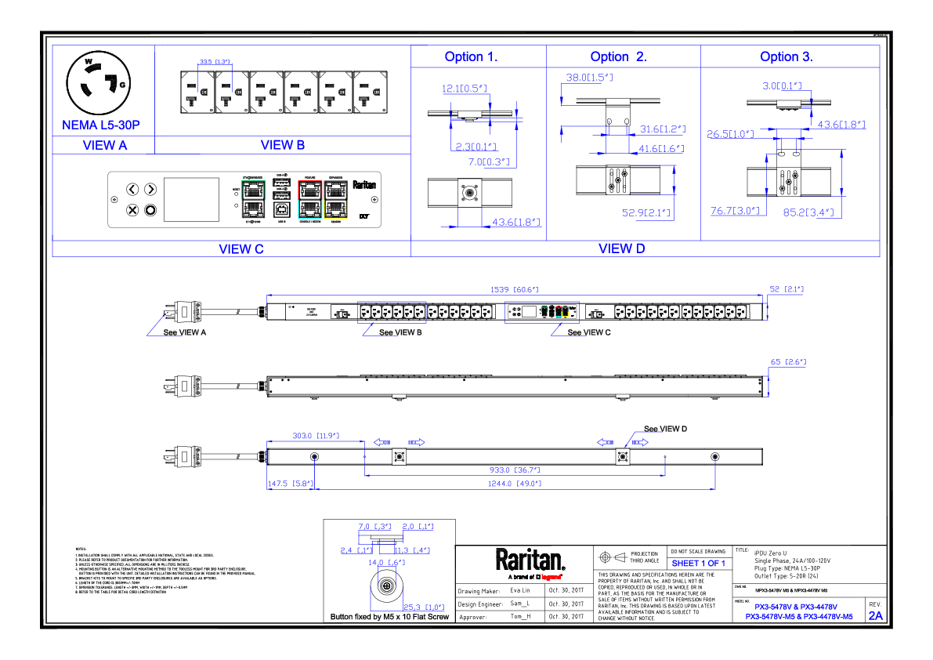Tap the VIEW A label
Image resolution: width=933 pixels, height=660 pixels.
104,145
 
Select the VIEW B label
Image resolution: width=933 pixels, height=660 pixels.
282,145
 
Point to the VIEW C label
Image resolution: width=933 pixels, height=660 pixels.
241,249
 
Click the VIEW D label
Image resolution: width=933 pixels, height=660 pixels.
621,248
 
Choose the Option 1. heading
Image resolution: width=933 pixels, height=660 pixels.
471,56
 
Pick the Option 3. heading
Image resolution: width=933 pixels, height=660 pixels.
787,56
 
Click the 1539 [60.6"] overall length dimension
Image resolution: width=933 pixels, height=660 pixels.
513,290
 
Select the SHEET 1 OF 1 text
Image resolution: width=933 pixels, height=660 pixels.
698,564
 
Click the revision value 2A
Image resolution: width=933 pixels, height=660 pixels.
875,616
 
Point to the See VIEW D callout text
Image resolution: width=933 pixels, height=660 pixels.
665,429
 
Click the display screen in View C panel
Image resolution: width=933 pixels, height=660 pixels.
191,199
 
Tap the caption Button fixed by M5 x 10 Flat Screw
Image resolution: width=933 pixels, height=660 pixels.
390,618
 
